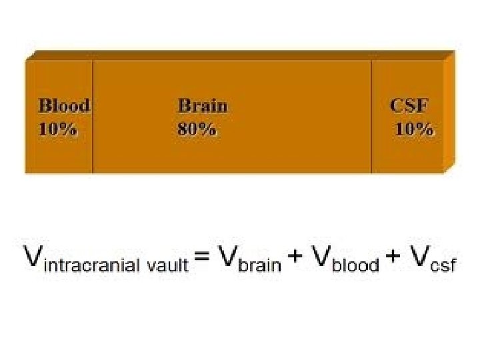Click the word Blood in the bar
tap(64, 105)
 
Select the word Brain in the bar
tap(203, 105)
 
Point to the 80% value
tap(197, 130)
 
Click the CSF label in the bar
tap(409, 105)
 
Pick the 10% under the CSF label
tap(415, 130)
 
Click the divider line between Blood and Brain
tap(93, 117)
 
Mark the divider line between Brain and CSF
tap(371, 117)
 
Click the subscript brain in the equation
tap(261, 265)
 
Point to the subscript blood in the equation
tap(355, 265)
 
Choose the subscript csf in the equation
tap(443, 265)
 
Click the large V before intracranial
tap(32, 256)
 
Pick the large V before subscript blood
tap(321, 256)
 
